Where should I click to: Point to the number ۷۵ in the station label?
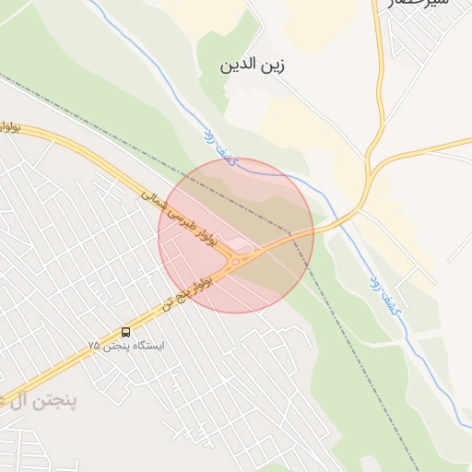pyautogui.click(x=93, y=346)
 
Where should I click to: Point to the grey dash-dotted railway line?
pyautogui.click(x=341, y=350)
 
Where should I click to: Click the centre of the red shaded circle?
pyautogui.click(x=236, y=235)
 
